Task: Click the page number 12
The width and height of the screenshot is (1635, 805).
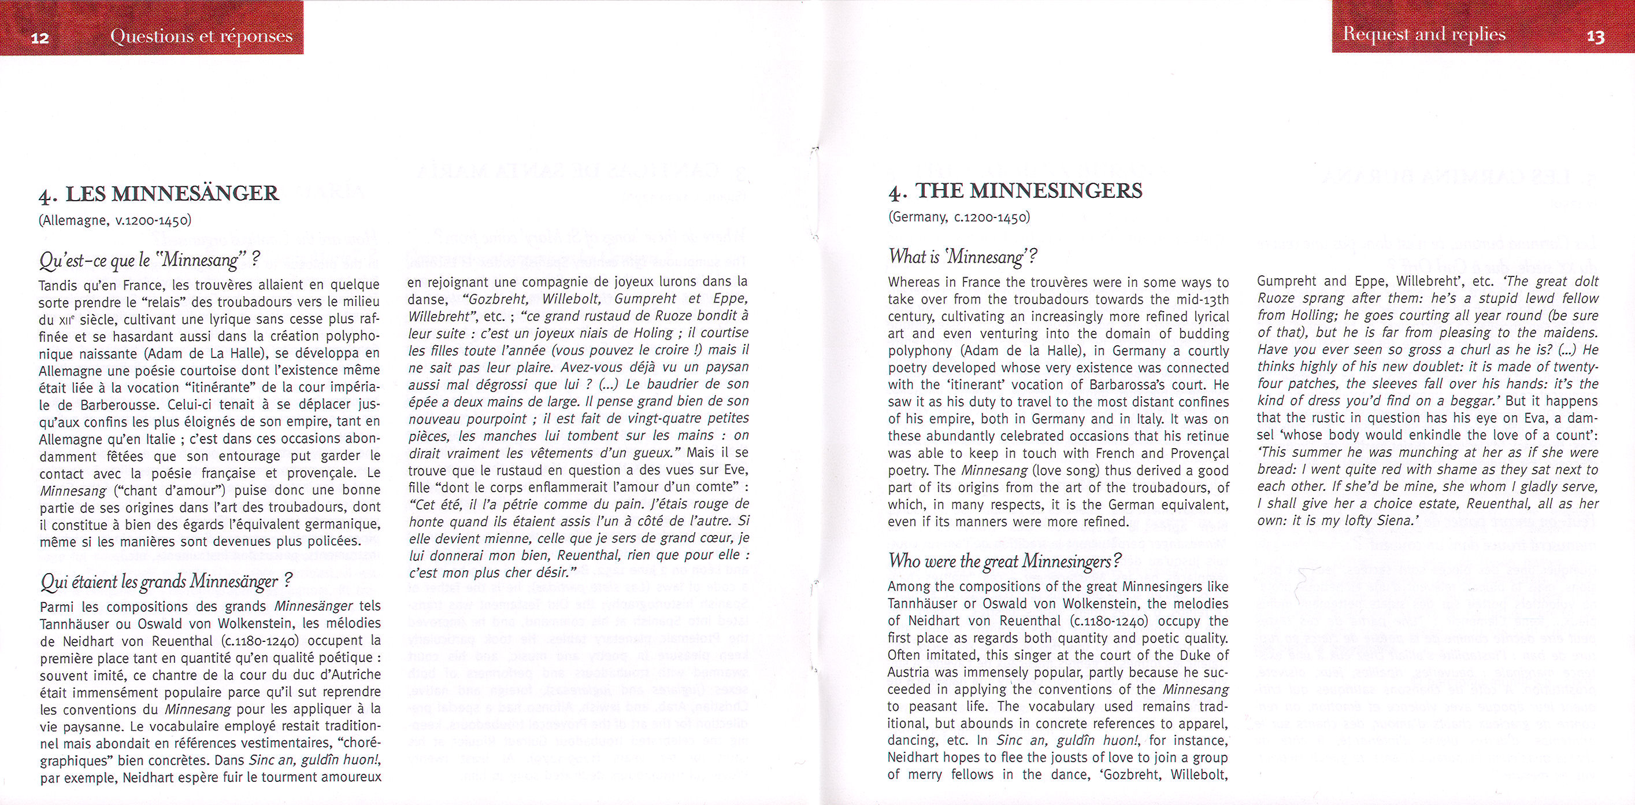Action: pyautogui.click(x=39, y=38)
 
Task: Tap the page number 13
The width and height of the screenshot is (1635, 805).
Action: pyautogui.click(x=1595, y=37)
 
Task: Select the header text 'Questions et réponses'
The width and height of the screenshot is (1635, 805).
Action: pyautogui.click(x=201, y=36)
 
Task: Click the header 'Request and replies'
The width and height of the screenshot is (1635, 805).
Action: pyautogui.click(x=1423, y=34)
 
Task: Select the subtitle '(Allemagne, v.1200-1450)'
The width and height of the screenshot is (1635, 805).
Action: pyautogui.click(x=115, y=220)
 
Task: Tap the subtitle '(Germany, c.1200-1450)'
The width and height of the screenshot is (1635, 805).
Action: pyautogui.click(x=958, y=217)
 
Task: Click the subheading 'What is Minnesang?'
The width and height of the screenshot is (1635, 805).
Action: pyautogui.click(x=962, y=257)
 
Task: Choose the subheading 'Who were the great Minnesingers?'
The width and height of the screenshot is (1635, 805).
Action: pyautogui.click(x=1004, y=561)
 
